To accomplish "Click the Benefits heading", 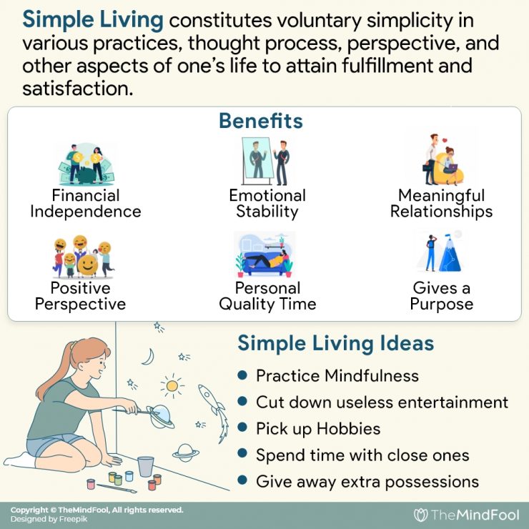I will [260, 122].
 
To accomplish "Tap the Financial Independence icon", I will [85, 164].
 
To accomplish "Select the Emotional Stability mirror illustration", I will [264, 162].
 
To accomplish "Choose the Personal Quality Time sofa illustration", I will [264, 255].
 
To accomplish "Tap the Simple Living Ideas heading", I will [335, 344].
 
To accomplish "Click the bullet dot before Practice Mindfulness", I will [243, 375].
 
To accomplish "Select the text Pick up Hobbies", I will [318, 429].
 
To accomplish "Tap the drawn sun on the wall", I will [172, 386].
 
